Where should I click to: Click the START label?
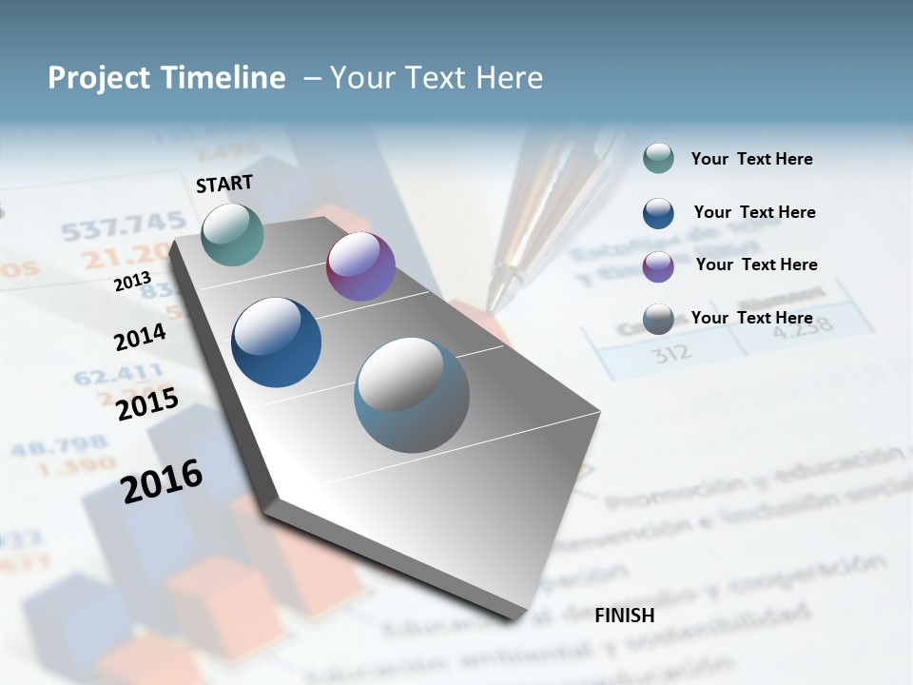(224, 184)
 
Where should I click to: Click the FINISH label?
(625, 616)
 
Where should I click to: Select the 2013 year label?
(132, 282)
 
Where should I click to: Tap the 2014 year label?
(140, 337)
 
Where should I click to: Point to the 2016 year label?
(162, 480)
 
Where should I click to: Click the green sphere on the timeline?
(232, 234)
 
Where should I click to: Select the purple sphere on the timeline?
(360, 266)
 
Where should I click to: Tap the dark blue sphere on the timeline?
(276, 342)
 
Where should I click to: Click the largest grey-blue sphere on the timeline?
(412, 395)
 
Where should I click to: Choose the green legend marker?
(658, 159)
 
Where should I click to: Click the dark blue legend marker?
(658, 213)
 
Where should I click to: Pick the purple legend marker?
(658, 266)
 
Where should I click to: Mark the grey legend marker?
(658, 319)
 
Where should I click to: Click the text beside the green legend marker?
(751, 159)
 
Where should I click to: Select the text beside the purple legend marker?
(756, 264)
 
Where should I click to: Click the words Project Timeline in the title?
(166, 78)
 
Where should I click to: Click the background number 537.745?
(124, 226)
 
